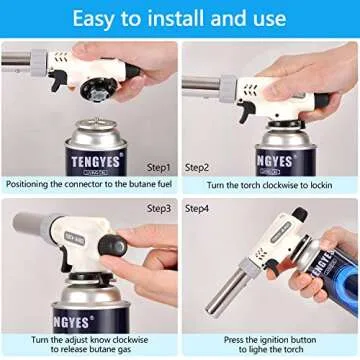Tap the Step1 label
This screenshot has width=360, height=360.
tap(158, 167)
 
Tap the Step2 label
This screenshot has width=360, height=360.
tap(198, 167)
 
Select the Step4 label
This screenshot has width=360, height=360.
tap(198, 208)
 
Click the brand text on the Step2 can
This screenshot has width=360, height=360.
tap(283, 160)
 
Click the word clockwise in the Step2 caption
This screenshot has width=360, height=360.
tap(279, 184)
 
